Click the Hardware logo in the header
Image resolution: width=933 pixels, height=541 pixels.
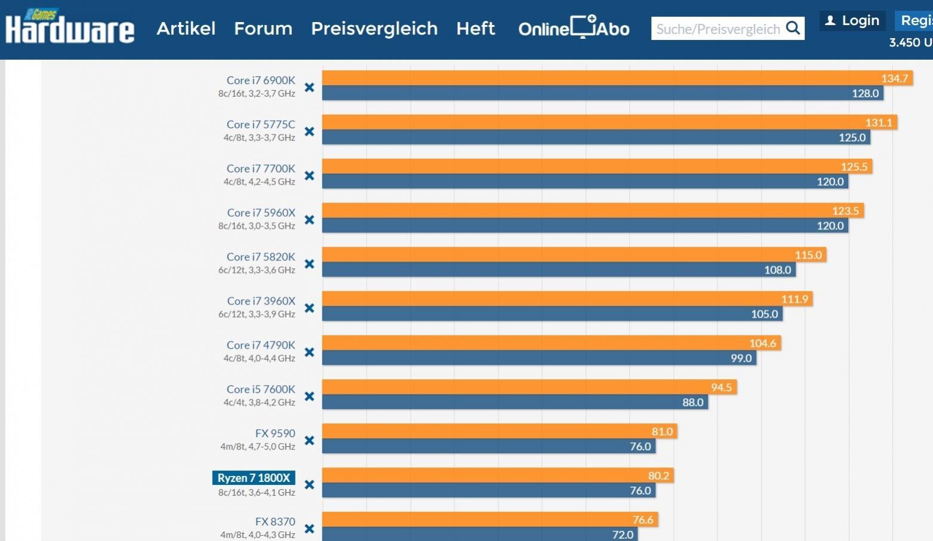[69, 28]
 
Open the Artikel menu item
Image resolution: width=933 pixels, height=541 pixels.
[186, 29]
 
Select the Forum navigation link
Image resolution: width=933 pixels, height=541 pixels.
[263, 29]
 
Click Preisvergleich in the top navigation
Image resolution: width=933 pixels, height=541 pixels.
[374, 29]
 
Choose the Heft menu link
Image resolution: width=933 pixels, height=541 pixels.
[475, 29]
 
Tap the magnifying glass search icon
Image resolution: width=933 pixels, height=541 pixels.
[793, 28]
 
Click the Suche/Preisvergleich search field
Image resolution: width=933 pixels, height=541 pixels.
[718, 29]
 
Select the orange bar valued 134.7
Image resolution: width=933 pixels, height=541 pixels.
[597, 78]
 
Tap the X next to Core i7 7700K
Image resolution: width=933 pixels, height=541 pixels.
[309, 176]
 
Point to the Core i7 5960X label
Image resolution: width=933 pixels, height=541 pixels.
[261, 213]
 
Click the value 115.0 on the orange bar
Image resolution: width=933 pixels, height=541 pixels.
[808, 255]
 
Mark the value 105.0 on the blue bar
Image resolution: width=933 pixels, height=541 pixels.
[764, 314]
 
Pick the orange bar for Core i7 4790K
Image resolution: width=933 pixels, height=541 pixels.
[537, 343]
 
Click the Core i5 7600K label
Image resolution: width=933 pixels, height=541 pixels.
[261, 389]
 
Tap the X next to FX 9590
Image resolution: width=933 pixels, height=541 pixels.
[309, 441]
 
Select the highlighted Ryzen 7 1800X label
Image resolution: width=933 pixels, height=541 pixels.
[254, 478]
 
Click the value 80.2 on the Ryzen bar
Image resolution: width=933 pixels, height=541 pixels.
[658, 476]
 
